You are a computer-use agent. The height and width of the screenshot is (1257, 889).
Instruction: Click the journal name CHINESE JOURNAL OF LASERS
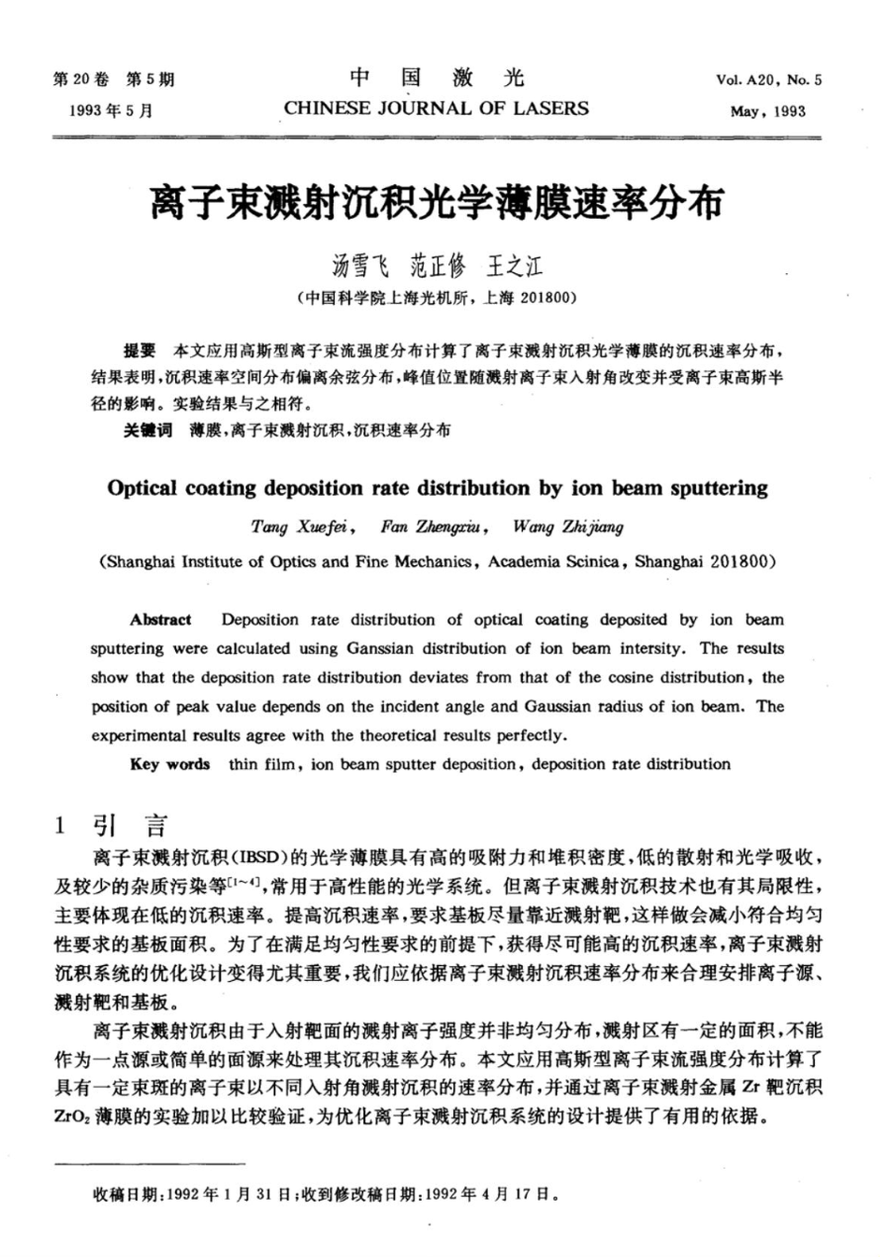436,108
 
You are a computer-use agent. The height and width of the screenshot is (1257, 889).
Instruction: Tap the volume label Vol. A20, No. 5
768,79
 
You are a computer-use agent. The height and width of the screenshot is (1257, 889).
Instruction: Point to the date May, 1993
767,111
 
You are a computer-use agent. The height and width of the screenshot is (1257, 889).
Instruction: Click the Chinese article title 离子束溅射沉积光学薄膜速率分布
437,201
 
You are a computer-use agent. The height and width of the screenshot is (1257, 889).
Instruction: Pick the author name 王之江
515,267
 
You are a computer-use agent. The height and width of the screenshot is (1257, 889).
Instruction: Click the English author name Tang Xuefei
300,527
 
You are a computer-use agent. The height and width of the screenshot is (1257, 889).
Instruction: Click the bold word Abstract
160,619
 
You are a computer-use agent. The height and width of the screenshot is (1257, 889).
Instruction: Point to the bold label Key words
169,764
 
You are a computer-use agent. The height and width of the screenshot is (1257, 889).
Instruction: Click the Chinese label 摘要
139,352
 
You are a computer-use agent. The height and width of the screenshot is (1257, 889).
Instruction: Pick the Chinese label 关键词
148,430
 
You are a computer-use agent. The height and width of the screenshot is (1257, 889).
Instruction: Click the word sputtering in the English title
711,487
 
